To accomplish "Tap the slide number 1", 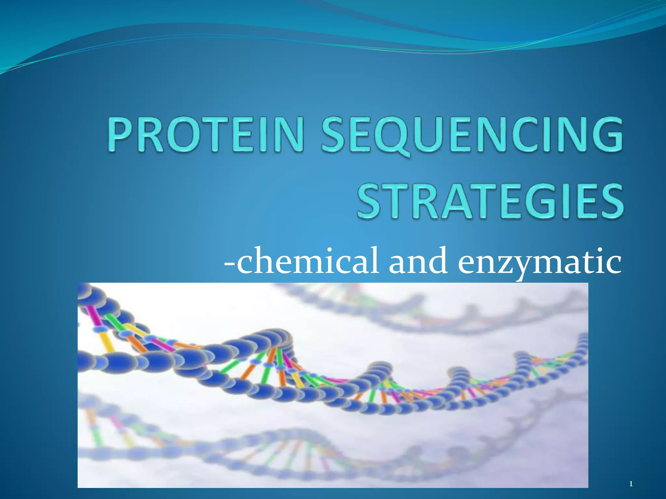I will point(631,484).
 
